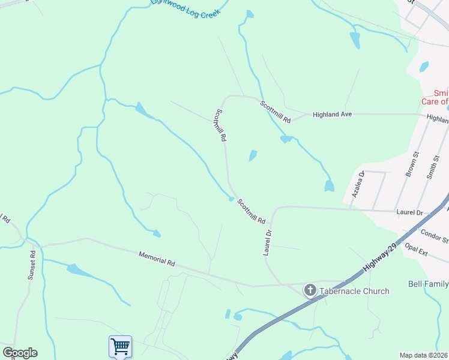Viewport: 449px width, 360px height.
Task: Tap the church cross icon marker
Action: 310,291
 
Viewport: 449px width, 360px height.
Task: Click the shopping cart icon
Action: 120,346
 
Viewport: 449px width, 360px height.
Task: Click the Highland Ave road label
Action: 331,114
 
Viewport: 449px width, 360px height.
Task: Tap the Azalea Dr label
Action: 358,184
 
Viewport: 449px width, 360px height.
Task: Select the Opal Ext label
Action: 416,249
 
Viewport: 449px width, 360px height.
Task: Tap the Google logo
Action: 20,353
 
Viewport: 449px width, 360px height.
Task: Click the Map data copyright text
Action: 424,355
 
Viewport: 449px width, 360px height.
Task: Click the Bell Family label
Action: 428,283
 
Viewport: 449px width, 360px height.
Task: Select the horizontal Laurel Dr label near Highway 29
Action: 410,212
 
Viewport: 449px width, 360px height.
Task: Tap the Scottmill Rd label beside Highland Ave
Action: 275,112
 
